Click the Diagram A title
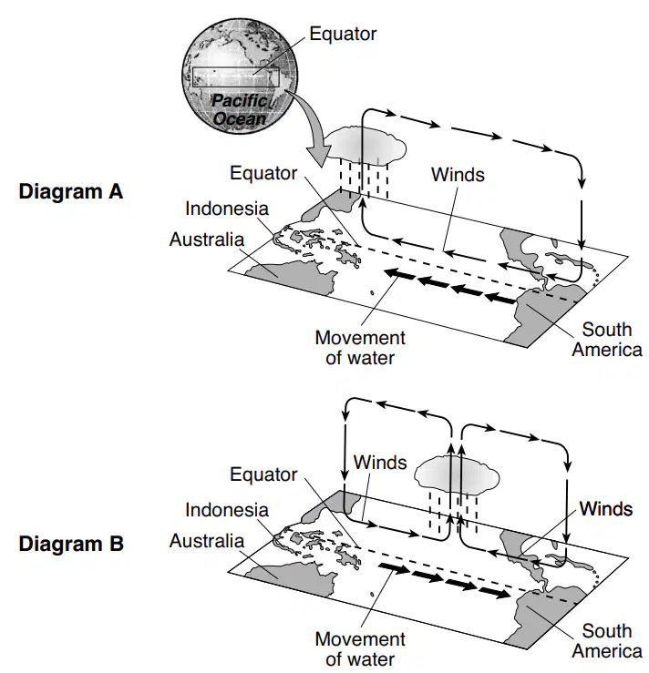click(71, 191)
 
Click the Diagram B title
click(71, 544)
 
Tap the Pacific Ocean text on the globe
click(240, 110)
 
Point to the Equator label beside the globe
click(343, 34)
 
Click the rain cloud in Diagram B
click(457, 475)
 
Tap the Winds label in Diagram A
click(458, 175)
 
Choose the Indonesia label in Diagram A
click(227, 209)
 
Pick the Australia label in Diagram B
click(207, 541)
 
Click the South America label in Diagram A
click(607, 340)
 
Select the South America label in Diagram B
click(607, 641)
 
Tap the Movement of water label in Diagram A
click(360, 348)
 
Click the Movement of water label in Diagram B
click(360, 649)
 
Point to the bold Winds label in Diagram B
click(605, 508)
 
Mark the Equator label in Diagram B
click(263, 474)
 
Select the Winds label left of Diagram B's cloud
click(380, 463)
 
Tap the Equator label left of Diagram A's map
click(263, 173)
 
